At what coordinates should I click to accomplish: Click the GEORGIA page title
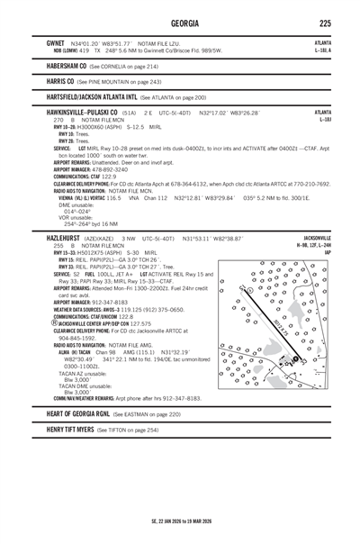pyautogui.click(x=180, y=23)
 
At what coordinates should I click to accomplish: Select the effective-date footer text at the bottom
pyautogui.click(x=180, y=521)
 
